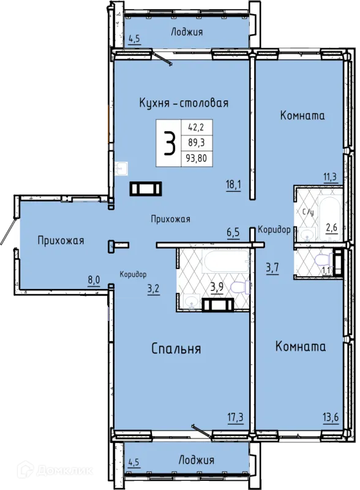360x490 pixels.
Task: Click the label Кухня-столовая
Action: (184, 103)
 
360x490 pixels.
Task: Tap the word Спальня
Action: (176, 349)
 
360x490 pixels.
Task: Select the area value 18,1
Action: (233, 185)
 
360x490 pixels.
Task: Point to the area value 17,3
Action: (235, 417)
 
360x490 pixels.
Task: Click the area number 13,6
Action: (331, 417)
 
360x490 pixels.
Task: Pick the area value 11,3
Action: (329, 177)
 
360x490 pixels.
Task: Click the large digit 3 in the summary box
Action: (170, 143)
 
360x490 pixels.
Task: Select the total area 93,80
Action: (197, 158)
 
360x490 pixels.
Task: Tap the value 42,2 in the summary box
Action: (196, 127)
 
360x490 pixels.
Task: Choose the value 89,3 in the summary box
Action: (197, 143)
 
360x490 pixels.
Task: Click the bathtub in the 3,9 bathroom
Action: (227, 262)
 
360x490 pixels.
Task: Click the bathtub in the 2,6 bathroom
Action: (329, 218)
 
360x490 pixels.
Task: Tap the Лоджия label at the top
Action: (187, 32)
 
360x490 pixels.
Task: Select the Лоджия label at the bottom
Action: (196, 460)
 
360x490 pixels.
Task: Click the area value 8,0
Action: (94, 280)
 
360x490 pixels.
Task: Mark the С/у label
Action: (307, 212)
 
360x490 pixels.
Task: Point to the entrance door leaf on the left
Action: (7, 231)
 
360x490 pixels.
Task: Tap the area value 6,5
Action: (233, 233)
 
